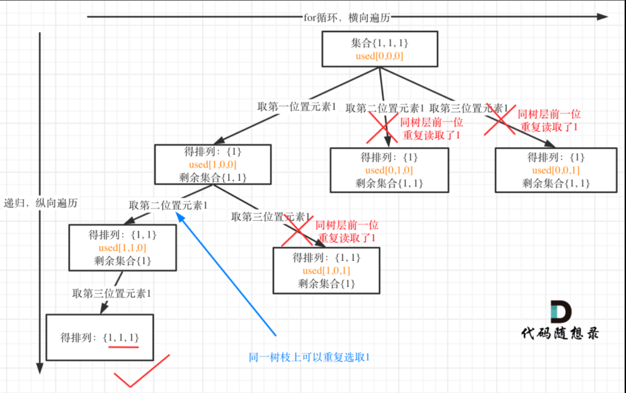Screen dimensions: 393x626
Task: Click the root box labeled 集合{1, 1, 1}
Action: click(x=379, y=49)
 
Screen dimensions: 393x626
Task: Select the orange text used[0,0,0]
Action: click(x=380, y=56)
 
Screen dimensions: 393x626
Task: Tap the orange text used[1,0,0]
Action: click(x=212, y=164)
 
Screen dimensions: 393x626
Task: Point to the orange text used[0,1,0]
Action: click(x=389, y=170)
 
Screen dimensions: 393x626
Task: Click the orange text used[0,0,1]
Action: click(x=555, y=171)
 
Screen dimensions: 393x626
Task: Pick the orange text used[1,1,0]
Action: click(x=122, y=248)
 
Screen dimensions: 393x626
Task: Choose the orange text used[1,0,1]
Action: click(x=326, y=271)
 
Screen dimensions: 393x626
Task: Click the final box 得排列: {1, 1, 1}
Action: click(x=100, y=337)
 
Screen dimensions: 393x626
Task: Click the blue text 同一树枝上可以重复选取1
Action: click(x=309, y=357)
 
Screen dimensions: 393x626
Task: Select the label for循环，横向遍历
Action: click(x=347, y=18)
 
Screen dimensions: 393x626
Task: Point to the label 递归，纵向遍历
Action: click(x=41, y=203)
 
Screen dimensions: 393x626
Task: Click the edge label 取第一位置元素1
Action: click(x=297, y=107)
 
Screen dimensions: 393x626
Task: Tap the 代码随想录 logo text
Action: click(x=560, y=333)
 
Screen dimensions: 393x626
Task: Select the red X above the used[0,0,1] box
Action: click(x=500, y=120)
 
